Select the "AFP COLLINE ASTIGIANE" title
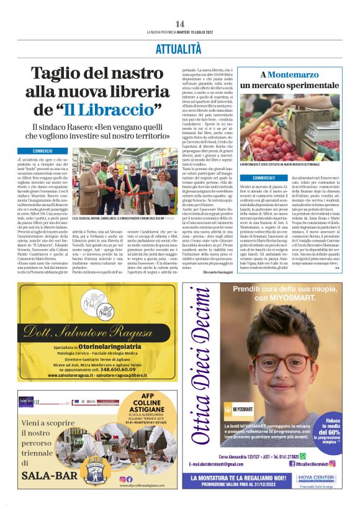(x=148, y=406)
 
